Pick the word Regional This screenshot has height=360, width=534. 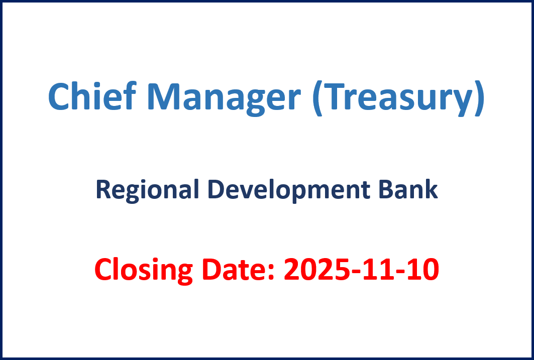[147, 190]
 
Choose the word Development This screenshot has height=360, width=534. [288, 190]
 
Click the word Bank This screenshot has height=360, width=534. [408, 189]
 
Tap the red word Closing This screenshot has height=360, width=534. [143, 270]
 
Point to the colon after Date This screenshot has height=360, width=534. [271, 272]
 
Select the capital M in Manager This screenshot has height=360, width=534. [164, 96]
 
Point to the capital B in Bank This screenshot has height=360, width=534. [386, 189]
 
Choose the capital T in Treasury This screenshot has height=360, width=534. [334, 96]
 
